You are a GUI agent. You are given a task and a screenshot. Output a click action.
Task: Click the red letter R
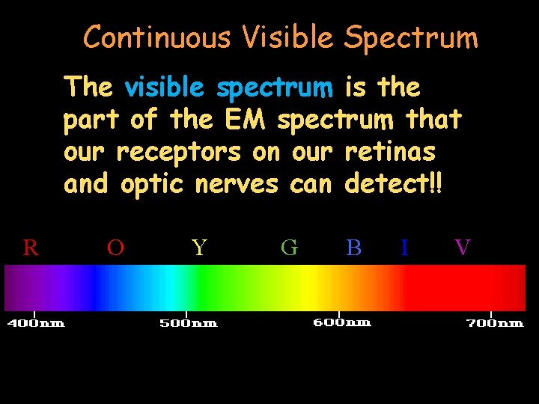(x=31, y=247)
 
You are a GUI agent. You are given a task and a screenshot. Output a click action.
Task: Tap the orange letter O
(x=115, y=247)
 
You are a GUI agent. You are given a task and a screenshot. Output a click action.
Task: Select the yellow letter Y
(x=198, y=247)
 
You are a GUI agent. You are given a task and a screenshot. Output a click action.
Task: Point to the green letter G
(x=289, y=247)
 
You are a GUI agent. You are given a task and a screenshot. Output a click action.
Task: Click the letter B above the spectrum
(x=354, y=247)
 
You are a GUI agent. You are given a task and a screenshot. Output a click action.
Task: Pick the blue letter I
(x=404, y=247)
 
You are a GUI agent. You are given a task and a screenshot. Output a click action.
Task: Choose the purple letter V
(x=463, y=247)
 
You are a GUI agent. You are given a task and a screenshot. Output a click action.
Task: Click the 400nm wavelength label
(x=36, y=323)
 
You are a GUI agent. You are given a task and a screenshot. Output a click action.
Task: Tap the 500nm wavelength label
(x=188, y=323)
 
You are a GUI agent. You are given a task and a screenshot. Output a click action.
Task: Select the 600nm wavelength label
(x=341, y=322)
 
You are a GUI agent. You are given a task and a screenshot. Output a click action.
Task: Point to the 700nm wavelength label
(x=495, y=323)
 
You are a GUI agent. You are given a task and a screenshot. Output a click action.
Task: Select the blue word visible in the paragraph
(x=164, y=88)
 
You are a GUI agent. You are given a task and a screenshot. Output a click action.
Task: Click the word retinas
(x=390, y=151)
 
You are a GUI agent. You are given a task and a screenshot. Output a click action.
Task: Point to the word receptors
(x=179, y=153)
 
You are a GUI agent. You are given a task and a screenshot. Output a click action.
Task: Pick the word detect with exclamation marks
(x=394, y=183)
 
